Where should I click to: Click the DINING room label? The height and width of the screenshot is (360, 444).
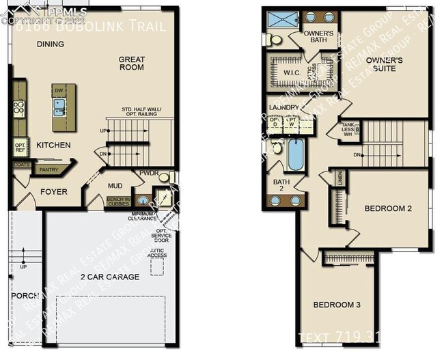coord(51,44)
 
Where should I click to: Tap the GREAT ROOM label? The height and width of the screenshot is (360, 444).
coord(132,63)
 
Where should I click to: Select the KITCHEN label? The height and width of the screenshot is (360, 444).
coord(53,145)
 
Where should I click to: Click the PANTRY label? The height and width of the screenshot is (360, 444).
coord(48,169)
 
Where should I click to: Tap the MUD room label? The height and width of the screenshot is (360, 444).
coord(115,186)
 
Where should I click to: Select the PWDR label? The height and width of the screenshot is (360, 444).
coord(149,174)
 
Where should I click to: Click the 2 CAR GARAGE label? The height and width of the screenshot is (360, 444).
coord(110,277)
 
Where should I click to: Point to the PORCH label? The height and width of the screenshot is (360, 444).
coord(25,296)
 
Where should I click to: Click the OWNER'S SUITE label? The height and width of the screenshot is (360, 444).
coord(384,65)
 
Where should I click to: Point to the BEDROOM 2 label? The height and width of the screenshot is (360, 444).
coord(388,208)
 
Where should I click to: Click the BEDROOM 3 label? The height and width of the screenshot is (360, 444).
coord(337,304)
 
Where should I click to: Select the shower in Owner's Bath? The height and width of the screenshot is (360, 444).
coord(277,19)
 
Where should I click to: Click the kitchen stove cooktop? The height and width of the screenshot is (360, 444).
coord(19,107)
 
